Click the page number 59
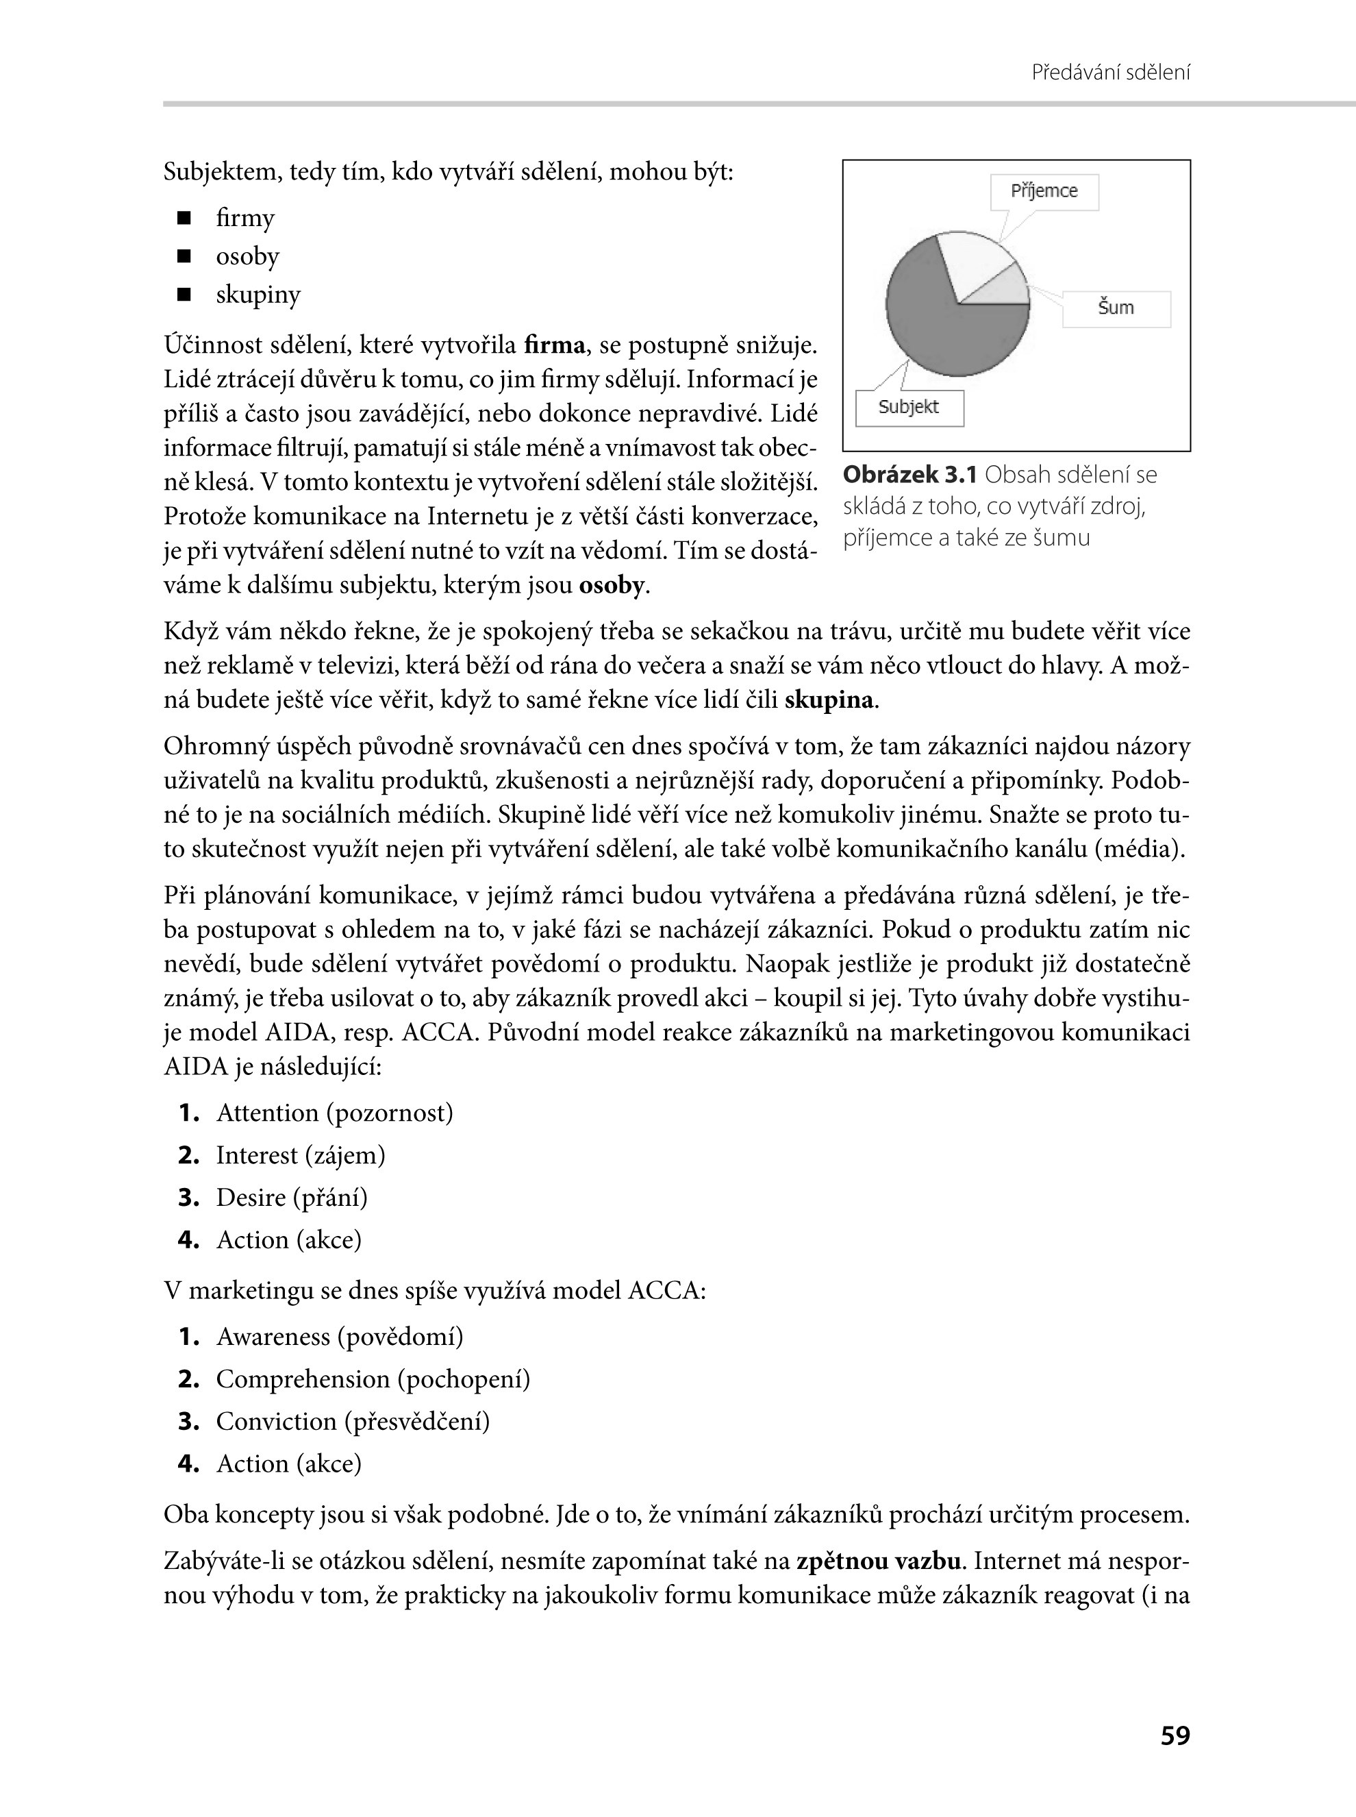click(1175, 1735)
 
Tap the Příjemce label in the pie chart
click(1044, 191)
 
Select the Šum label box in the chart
click(1116, 309)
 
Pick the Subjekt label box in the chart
click(909, 407)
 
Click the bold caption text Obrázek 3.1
click(910, 475)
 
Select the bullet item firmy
click(245, 219)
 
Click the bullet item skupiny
click(258, 295)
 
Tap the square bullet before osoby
click(184, 257)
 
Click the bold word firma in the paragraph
click(554, 346)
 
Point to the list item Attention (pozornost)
click(334, 1113)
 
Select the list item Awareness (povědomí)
click(339, 1337)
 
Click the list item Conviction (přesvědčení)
click(352, 1421)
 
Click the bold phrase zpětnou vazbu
click(878, 1561)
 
